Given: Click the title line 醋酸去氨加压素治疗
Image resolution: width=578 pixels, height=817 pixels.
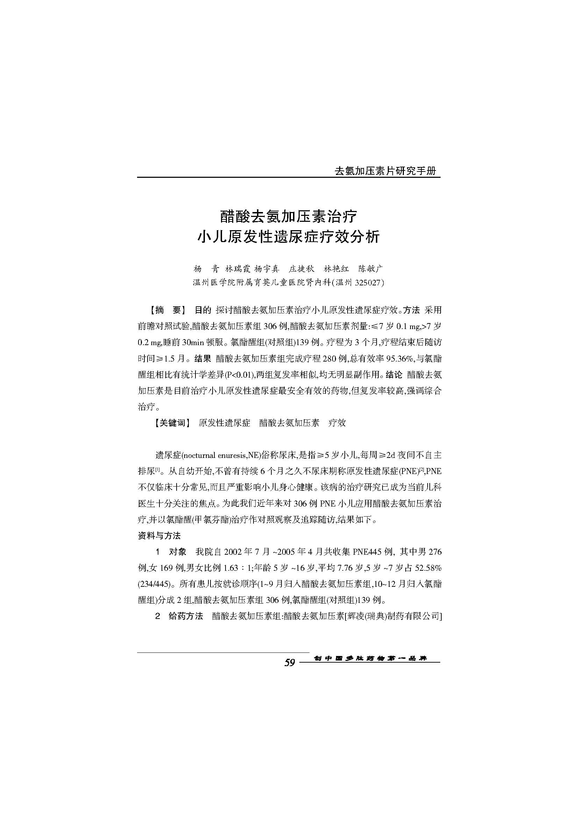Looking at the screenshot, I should pyautogui.click(x=289, y=216).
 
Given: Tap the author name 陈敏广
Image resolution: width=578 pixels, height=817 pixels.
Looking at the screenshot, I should pyautogui.click(x=371, y=268).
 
